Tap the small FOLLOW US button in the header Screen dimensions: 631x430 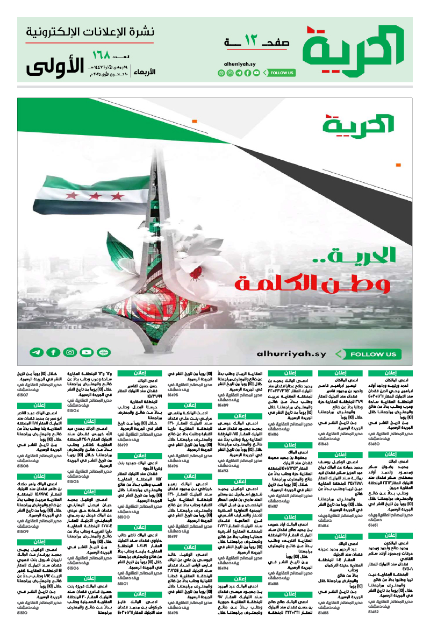tap(280, 73)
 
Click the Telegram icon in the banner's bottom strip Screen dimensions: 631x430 tap(36, 353)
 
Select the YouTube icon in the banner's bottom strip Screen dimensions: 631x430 tap(87, 353)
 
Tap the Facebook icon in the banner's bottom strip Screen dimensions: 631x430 tap(53, 353)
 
